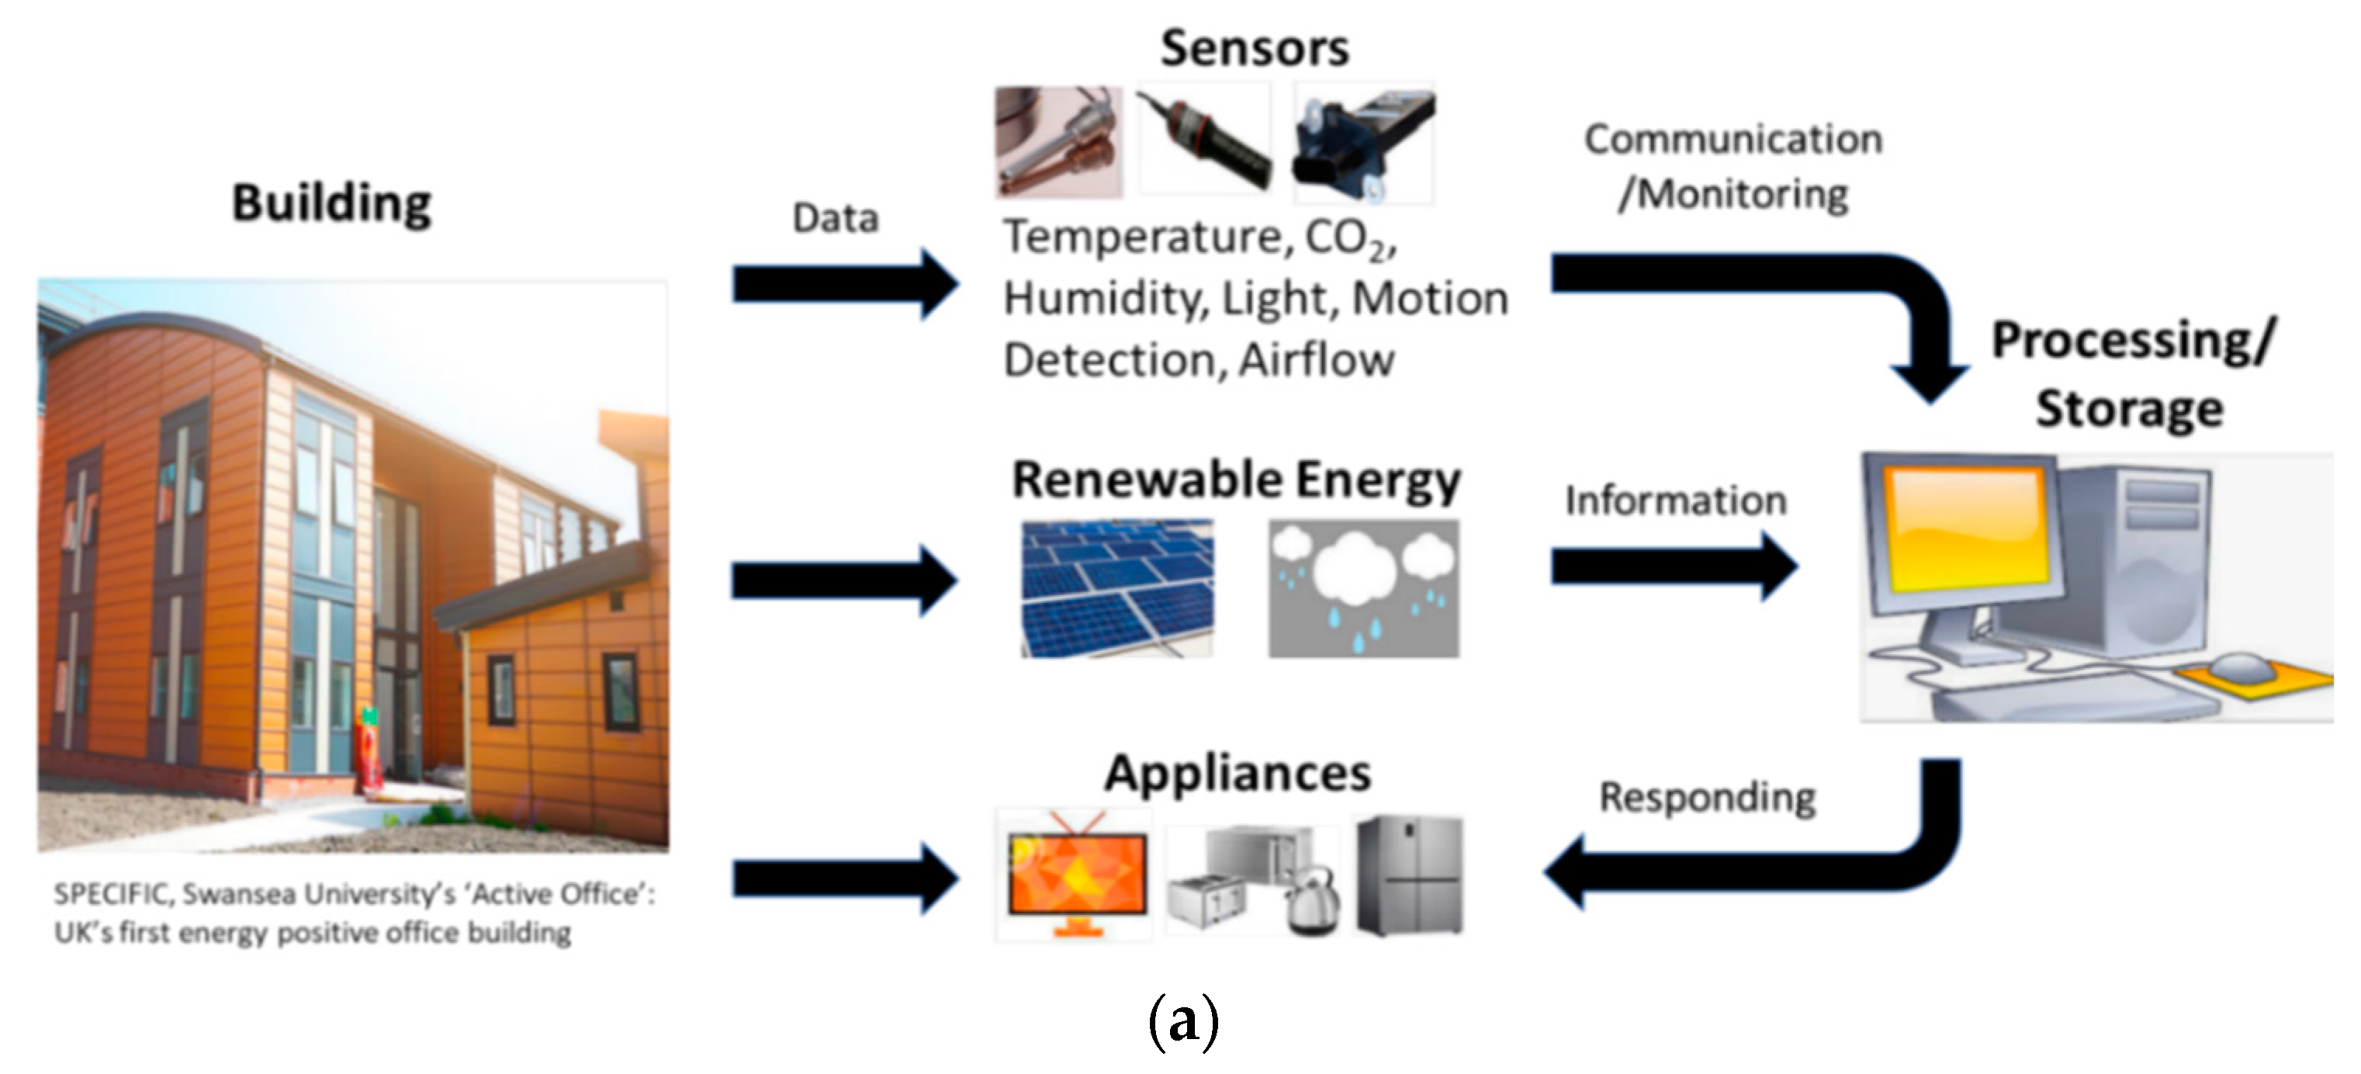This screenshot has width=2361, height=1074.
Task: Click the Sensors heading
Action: (x=1254, y=47)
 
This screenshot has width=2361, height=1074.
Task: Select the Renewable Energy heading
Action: (x=1234, y=480)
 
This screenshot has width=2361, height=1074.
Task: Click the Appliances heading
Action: (x=1238, y=772)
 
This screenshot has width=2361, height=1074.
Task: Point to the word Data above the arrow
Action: (x=835, y=218)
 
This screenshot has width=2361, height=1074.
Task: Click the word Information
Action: (x=1675, y=501)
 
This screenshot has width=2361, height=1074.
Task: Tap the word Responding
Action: (x=1707, y=797)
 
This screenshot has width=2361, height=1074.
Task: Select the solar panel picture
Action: (x=1117, y=587)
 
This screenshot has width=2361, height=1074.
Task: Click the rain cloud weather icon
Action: (x=1363, y=587)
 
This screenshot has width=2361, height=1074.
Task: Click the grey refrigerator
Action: (x=1410, y=875)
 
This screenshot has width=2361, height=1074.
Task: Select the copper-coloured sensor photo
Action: (x=1058, y=142)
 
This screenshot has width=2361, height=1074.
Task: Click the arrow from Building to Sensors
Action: (x=843, y=284)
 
